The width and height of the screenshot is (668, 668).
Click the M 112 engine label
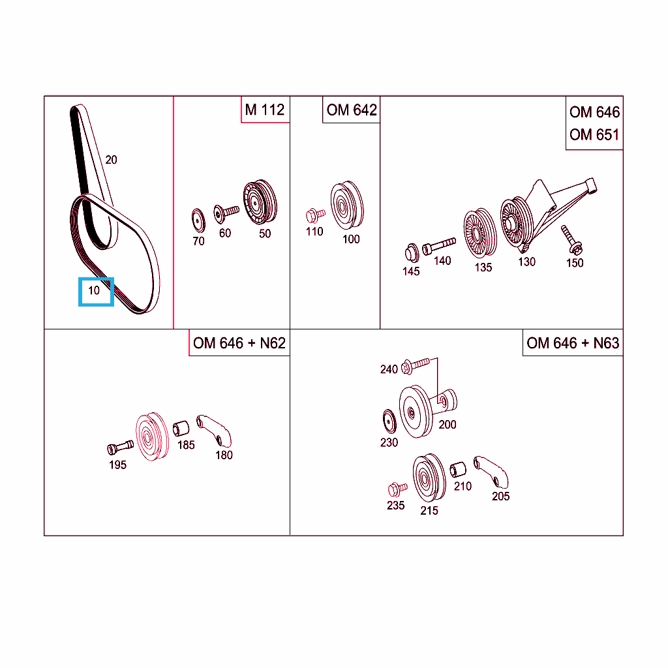point(265,110)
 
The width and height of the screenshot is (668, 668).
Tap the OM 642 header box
point(351,110)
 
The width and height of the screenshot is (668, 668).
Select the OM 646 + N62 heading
point(239,343)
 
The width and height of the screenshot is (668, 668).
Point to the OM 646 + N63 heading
point(573,343)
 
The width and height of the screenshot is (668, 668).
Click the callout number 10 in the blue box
point(94,290)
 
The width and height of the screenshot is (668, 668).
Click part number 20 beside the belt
point(111,160)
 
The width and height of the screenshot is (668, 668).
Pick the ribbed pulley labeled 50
point(260,202)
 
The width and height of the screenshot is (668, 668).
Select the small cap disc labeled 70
point(198,220)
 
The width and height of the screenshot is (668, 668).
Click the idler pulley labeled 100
point(347,205)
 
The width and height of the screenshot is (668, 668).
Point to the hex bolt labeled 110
point(315,215)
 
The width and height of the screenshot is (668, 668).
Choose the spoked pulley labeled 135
point(480,233)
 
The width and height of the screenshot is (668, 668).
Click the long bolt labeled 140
point(439,246)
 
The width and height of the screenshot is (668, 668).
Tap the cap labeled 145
point(412,252)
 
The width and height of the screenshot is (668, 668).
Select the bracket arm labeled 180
point(214,431)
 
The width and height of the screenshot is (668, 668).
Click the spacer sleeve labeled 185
point(181,429)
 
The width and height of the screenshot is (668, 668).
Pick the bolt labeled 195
point(120,448)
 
